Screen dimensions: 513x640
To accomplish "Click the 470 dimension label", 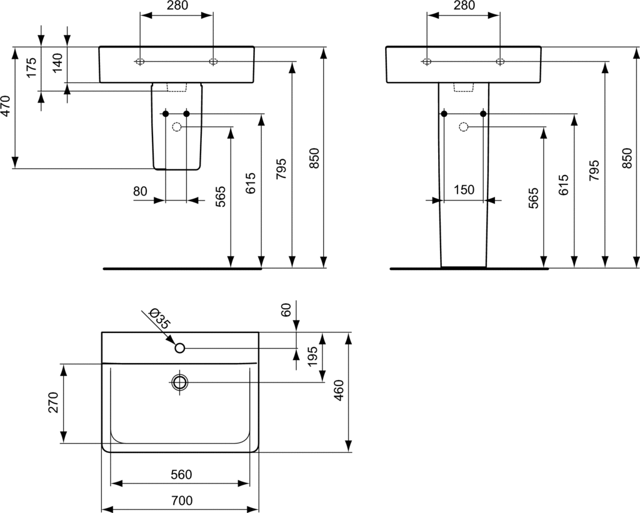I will point(6,107).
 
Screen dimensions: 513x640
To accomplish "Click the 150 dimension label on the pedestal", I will point(463,191).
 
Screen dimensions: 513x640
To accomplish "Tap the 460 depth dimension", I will point(340,391).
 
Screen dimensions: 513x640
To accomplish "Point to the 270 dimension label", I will point(53,403).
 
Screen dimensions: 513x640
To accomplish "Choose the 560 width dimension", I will point(181,475).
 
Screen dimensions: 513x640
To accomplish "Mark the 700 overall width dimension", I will point(181,501).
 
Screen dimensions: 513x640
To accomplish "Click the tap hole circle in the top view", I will point(180,348).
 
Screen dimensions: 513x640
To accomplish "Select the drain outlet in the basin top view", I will point(181,382).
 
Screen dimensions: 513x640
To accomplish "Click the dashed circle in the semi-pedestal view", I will point(176,127).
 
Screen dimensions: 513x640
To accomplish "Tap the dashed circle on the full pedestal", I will point(463,127).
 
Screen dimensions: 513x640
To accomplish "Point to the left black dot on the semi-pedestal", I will point(166,113).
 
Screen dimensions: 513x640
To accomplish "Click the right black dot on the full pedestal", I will point(483,113).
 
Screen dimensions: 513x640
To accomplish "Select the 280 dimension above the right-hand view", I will point(463,6).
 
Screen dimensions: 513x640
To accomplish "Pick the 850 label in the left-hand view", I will point(314,158).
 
